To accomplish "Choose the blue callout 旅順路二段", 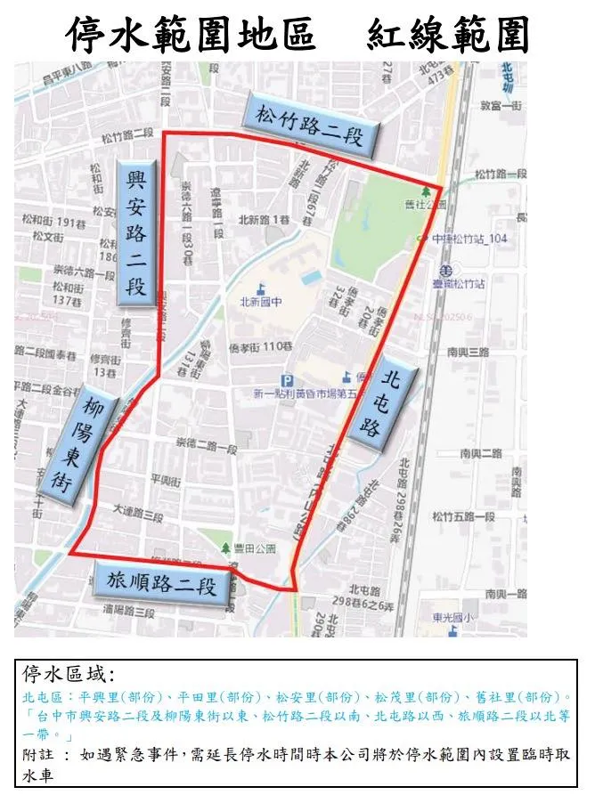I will tap(161, 584).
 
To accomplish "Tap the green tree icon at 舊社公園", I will tap(425, 191).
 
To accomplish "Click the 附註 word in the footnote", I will tap(38, 754).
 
